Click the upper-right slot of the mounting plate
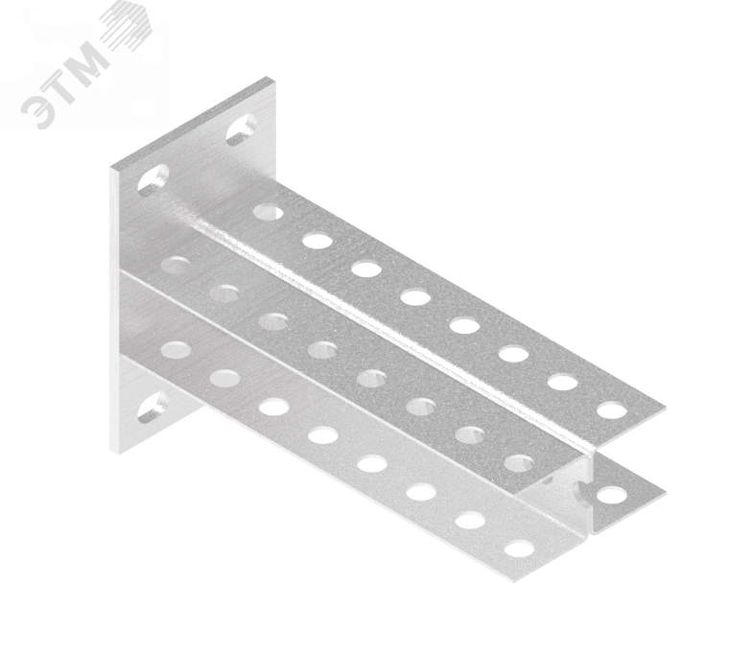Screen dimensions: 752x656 click(x=241, y=129)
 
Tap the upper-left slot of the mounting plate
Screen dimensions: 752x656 click(x=153, y=180)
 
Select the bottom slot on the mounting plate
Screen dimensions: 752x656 click(x=153, y=407)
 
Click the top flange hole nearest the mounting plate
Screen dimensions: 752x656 click(x=269, y=211)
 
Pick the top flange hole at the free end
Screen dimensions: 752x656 click(x=612, y=410)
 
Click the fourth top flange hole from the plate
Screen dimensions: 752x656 click(x=416, y=297)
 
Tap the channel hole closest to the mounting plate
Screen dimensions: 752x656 click(x=175, y=266)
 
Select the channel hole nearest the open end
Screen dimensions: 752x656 click(x=520, y=464)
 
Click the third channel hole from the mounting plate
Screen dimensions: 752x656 click(x=272, y=322)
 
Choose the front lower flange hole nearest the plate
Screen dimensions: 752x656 click(x=176, y=350)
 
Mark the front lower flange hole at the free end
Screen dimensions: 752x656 click(x=520, y=549)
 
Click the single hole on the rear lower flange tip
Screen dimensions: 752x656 click(x=612, y=495)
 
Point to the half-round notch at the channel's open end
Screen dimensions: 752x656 click(x=581, y=489)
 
